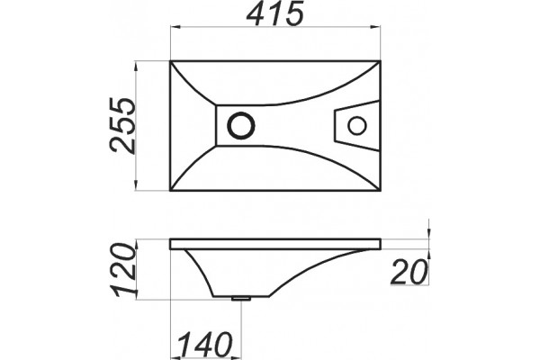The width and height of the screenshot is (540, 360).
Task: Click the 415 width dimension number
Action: tap(274, 13)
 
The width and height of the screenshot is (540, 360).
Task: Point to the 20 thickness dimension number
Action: tap(409, 272)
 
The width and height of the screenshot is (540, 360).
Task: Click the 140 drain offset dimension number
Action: tap(205, 345)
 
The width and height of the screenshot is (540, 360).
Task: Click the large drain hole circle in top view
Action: tap(241, 125)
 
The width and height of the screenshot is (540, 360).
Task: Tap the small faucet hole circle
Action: tap(356, 125)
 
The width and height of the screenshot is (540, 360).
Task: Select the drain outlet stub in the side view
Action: tap(240, 298)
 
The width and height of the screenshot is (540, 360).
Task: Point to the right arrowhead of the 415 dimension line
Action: tap(375, 26)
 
